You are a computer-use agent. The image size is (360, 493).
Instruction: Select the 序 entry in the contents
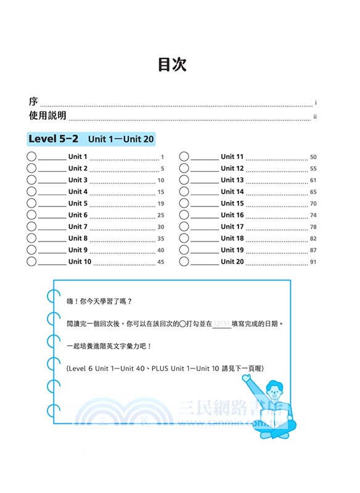(x=33, y=101)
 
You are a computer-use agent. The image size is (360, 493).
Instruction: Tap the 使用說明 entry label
(x=47, y=116)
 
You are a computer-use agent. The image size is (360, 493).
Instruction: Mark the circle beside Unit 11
(x=184, y=157)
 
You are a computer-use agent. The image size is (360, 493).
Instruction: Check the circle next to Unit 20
(x=184, y=261)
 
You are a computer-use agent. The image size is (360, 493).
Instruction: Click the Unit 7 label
(x=78, y=227)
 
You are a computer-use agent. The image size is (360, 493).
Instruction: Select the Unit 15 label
(x=232, y=203)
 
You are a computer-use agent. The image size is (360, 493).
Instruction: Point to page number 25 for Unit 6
(x=160, y=216)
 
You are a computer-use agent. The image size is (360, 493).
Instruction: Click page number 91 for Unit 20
(x=313, y=263)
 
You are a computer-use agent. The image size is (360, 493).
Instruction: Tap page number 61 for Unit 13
(x=313, y=181)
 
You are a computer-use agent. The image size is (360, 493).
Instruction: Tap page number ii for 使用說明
(x=314, y=116)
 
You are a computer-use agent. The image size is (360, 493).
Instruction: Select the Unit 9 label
(x=78, y=250)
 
